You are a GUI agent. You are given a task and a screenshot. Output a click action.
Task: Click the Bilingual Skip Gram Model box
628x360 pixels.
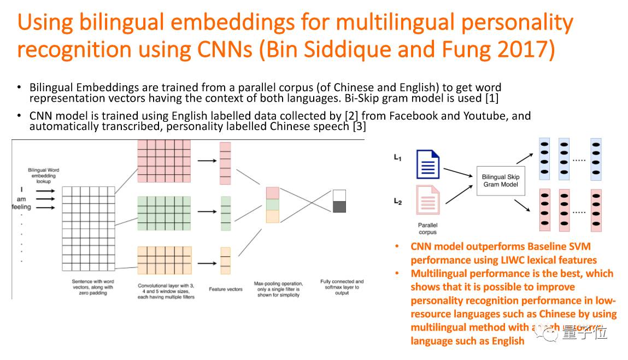(500, 181)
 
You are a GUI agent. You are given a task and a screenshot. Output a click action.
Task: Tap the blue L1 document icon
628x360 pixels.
(428, 164)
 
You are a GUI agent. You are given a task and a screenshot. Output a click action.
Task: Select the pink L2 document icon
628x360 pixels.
(428, 200)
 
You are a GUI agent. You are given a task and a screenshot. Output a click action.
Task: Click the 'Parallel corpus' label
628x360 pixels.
(427, 228)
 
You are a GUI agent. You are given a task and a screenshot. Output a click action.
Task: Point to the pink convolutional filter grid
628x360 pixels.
(163, 161)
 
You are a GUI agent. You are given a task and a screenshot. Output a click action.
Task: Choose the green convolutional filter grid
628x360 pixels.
(163, 213)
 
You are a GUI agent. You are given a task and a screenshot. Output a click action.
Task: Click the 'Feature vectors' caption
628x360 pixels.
(225, 290)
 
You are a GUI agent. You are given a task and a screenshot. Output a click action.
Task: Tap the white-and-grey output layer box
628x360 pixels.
(339, 201)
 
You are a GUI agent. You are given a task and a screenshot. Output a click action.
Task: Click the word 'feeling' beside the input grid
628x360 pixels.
(22, 207)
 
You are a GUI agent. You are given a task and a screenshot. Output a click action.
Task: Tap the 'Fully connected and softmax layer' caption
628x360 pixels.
(342, 287)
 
